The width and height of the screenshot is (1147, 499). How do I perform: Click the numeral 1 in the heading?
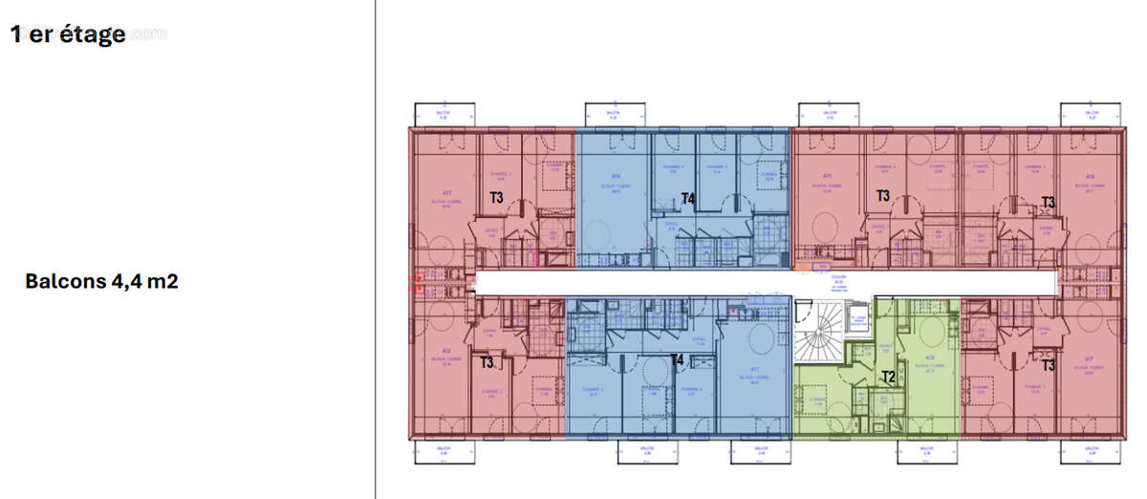(x=16, y=34)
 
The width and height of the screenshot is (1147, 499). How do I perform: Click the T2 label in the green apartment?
(x=887, y=376)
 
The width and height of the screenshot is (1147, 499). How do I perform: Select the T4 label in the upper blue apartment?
(x=687, y=199)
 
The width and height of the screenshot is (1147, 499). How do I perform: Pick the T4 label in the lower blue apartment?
(x=677, y=360)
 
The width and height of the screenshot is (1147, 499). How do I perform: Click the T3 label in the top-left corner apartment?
(x=496, y=198)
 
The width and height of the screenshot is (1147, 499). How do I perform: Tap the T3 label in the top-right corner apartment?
(x=1049, y=202)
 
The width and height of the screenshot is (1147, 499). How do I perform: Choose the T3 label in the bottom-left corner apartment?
(x=487, y=362)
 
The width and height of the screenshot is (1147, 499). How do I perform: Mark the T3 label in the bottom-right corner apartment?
(x=1049, y=365)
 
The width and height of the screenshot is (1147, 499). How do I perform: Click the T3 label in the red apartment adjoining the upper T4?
(x=883, y=196)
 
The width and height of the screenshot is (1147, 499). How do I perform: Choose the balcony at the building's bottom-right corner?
(x=1086, y=450)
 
